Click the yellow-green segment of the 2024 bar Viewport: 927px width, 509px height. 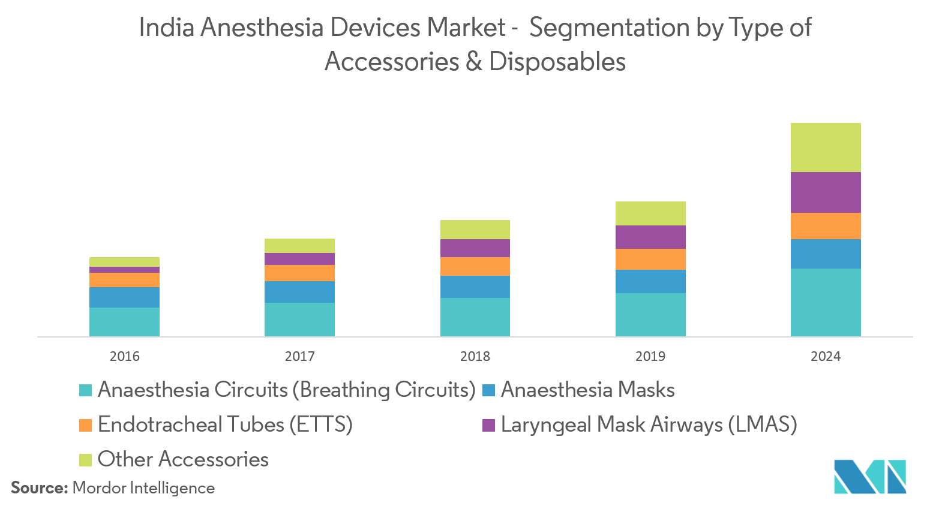tap(826, 147)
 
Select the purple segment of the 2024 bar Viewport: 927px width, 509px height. tap(826, 192)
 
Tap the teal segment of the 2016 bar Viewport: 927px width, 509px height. tap(124, 322)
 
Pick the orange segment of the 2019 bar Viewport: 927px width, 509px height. tap(650, 259)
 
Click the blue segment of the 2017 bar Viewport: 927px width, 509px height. tap(299, 292)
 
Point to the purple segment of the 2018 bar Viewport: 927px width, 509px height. tap(475, 248)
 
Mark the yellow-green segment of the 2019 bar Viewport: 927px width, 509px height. tap(650, 213)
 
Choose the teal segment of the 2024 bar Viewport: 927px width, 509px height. tap(826, 302)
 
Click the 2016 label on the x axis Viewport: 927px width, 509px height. tap(124, 356)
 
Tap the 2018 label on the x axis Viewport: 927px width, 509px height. tap(475, 356)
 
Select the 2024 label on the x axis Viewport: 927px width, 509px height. tap(826, 356)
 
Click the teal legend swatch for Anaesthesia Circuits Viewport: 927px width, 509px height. tap(86, 390)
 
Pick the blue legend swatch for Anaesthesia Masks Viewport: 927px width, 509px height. tap(489, 390)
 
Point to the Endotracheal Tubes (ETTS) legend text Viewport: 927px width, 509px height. tap(225, 424)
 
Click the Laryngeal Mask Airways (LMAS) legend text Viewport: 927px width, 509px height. tap(649, 424)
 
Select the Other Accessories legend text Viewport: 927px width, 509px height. tap(183, 459)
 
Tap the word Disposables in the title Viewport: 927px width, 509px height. tap(557, 62)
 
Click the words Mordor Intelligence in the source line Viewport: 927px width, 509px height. tap(143, 488)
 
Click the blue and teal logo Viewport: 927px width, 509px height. tap(869, 477)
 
